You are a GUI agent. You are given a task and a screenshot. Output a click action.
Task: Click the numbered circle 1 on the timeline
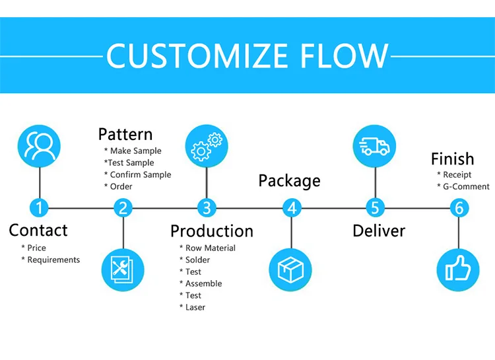click(40, 208)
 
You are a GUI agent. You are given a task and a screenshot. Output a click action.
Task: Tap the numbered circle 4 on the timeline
click(292, 208)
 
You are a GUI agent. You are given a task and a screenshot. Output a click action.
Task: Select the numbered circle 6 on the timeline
click(459, 208)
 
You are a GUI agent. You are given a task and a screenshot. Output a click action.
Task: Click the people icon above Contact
click(40, 145)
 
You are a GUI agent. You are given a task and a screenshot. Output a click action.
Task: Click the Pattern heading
click(125, 134)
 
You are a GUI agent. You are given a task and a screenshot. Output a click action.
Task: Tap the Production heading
click(212, 231)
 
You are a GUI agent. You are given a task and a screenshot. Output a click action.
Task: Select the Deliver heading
click(379, 231)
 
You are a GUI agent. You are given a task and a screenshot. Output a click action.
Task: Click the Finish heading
click(453, 159)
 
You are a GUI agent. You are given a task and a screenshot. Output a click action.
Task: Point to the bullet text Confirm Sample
click(140, 174)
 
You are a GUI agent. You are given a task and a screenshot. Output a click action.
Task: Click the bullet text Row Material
click(210, 248)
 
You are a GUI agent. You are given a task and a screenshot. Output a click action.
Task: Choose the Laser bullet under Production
click(195, 307)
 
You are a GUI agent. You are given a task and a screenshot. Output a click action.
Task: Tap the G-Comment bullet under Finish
click(467, 186)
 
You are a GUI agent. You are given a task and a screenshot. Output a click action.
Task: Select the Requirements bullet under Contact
click(53, 260)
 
